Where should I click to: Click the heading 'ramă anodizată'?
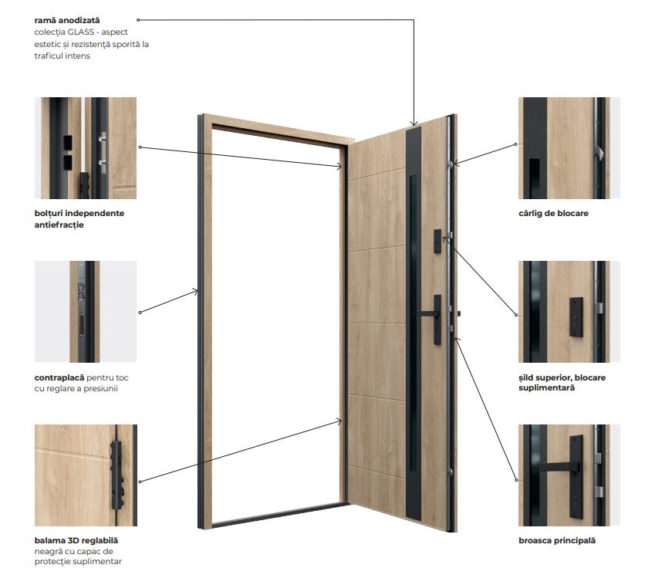click(x=67, y=20)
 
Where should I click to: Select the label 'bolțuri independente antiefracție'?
click(x=79, y=219)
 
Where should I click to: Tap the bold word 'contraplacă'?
click(x=59, y=377)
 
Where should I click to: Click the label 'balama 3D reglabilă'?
click(x=76, y=540)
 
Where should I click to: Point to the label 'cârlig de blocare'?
click(x=553, y=213)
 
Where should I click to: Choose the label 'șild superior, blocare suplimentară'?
click(x=562, y=382)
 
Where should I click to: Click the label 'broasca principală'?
click(x=557, y=540)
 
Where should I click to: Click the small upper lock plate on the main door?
click(x=437, y=241)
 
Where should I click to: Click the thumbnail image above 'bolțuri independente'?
click(x=86, y=148)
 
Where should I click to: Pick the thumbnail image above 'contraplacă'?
click(x=86, y=311)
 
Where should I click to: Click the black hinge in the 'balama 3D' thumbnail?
click(x=116, y=475)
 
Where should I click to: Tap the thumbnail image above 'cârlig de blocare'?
click(x=569, y=148)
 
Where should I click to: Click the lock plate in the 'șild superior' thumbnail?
click(x=576, y=316)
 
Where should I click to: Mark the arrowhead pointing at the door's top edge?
click(x=414, y=123)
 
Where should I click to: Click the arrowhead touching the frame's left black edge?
click(x=194, y=291)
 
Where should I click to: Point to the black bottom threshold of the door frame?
click(x=280, y=515)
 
